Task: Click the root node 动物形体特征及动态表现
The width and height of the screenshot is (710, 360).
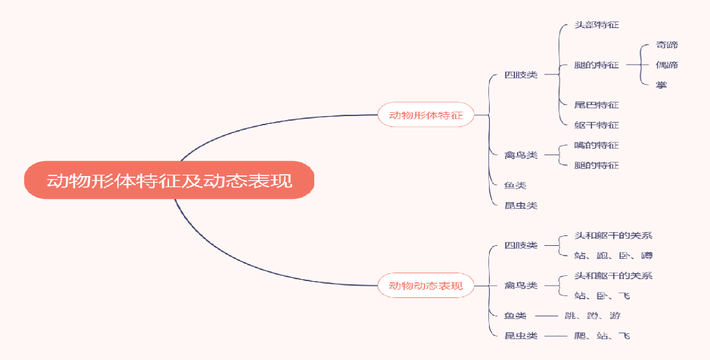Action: (x=170, y=180)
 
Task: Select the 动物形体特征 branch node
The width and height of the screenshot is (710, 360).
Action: (x=426, y=115)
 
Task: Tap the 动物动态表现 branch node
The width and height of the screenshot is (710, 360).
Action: (x=426, y=286)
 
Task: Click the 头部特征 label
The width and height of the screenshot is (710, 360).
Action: (x=597, y=25)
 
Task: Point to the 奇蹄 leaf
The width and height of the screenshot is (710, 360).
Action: (x=667, y=45)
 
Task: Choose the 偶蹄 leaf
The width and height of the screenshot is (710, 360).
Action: (x=667, y=65)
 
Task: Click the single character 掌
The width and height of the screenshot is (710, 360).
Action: (x=662, y=85)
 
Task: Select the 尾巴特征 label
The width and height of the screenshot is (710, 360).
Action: (x=597, y=105)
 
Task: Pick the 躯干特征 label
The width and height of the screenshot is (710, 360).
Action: (x=597, y=125)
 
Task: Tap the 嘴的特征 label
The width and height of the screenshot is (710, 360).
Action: (x=597, y=145)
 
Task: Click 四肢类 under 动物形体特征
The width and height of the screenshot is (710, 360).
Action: (x=521, y=75)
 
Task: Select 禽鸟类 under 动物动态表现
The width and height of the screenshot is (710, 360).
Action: (x=521, y=286)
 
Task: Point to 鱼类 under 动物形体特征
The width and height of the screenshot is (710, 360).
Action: (x=515, y=185)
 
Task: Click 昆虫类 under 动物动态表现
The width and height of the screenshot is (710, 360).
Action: (x=521, y=336)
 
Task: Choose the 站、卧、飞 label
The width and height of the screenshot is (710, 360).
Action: (x=602, y=296)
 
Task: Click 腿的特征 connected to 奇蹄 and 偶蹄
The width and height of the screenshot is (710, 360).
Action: (x=597, y=65)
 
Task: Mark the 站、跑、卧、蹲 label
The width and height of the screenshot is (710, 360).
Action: (x=613, y=256)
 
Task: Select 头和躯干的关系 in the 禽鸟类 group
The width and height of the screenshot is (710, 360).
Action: (x=613, y=276)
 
